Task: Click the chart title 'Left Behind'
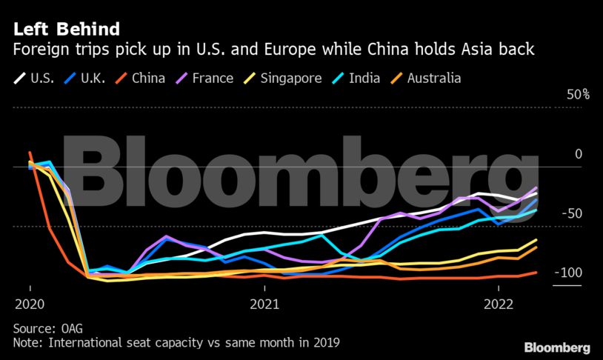66,30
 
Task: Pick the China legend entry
148,78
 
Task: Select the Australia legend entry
434,78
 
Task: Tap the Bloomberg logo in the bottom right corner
556,347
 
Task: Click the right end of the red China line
536,273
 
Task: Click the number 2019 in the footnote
324,343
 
